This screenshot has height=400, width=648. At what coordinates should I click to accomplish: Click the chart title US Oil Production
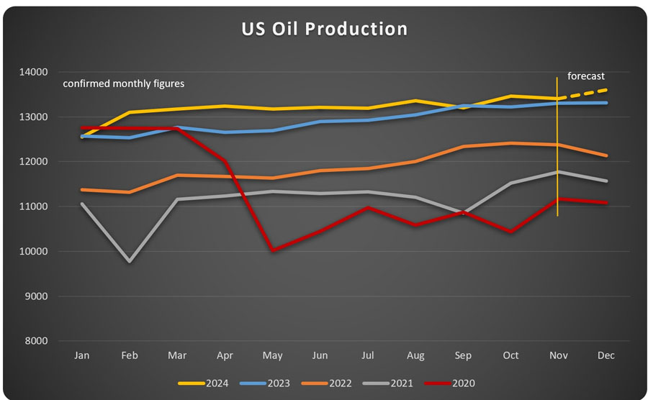324,29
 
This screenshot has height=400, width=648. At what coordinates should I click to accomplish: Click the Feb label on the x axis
130,355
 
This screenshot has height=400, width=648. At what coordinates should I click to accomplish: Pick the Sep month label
464,355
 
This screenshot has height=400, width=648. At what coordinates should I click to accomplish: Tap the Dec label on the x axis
606,355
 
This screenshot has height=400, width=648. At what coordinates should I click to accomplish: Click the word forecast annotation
586,76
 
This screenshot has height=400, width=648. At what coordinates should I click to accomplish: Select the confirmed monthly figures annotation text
124,83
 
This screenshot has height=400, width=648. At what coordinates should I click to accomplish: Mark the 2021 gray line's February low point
130,261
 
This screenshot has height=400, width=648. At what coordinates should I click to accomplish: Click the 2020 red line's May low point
272,250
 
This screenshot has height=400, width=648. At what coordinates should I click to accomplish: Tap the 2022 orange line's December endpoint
606,155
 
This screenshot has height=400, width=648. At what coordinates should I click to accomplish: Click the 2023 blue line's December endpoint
606,103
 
